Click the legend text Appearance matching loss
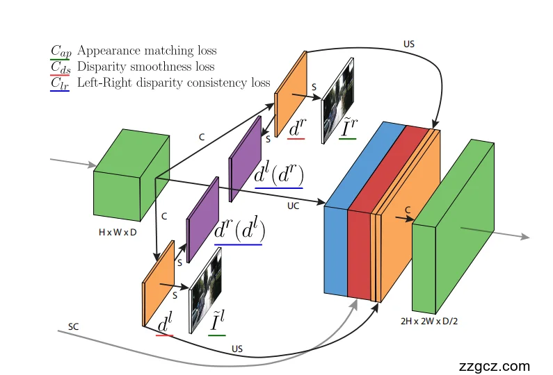(147, 51)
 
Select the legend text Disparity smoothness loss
(145, 67)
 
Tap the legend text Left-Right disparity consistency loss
(173, 83)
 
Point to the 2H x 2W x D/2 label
(429, 322)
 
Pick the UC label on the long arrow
(294, 206)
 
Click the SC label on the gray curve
(74, 326)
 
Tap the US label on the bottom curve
(237, 348)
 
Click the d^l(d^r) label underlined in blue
(278, 174)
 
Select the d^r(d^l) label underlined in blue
(241, 229)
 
